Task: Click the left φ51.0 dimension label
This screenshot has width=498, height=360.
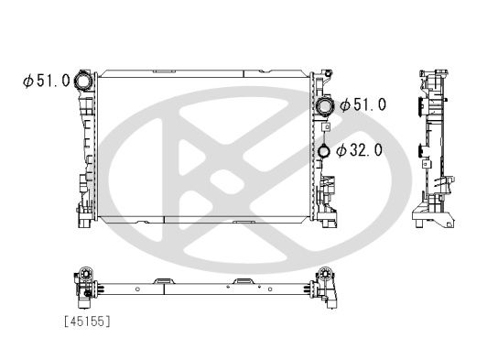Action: click(x=47, y=81)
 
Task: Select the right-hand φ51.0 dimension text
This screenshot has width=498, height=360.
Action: click(x=363, y=105)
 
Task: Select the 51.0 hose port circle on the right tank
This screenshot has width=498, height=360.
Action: click(x=324, y=106)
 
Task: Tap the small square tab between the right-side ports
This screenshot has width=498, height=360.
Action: click(x=326, y=128)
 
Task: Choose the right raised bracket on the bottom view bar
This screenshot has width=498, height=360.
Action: click(x=243, y=278)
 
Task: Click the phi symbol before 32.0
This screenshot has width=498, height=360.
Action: click(x=341, y=150)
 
